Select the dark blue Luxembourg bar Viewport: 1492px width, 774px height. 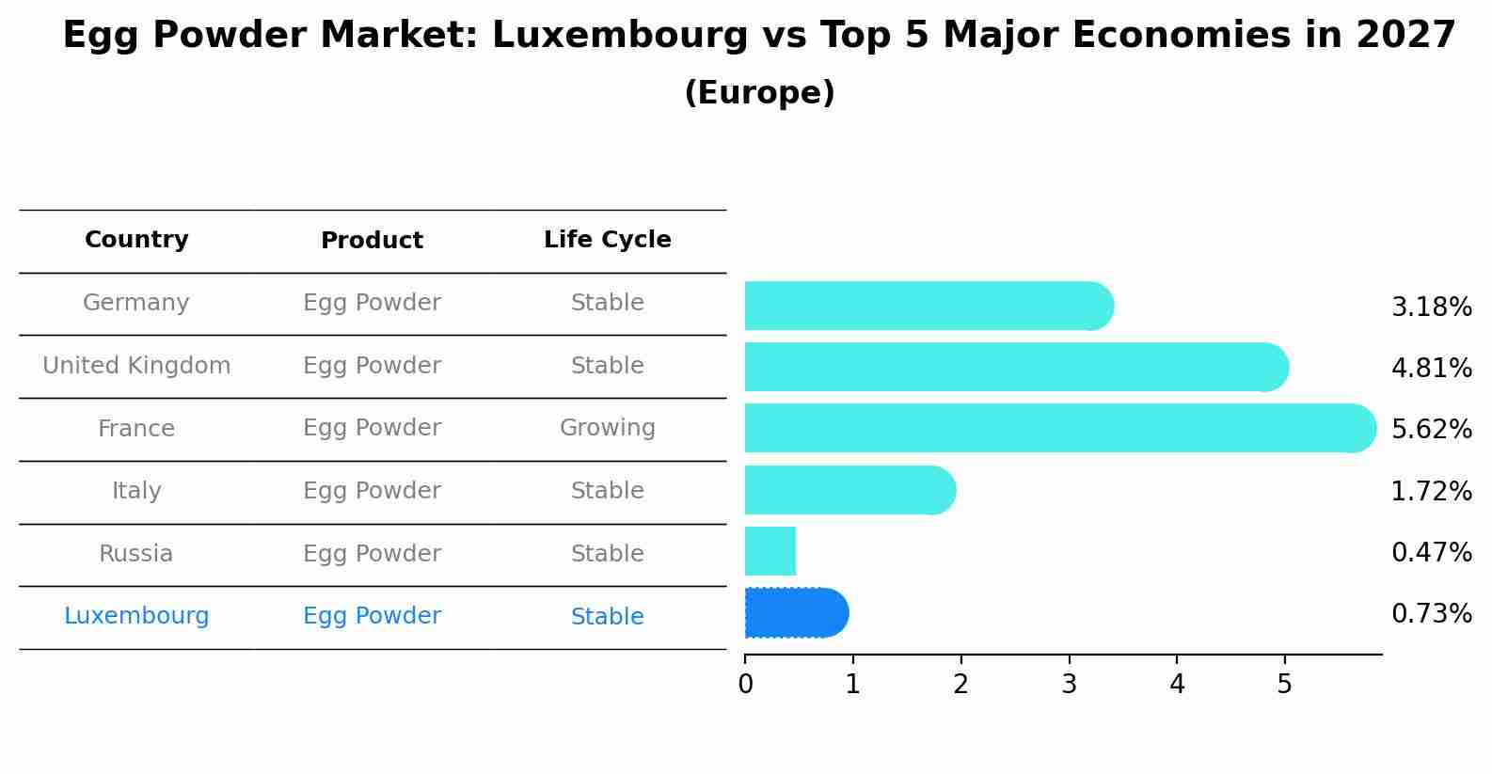point(796,613)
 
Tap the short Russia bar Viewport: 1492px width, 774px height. point(770,551)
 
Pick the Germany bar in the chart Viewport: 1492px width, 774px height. point(928,306)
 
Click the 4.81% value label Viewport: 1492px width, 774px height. point(1431,368)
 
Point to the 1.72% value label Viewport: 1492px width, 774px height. point(1431,491)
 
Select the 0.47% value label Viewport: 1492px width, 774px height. point(1431,552)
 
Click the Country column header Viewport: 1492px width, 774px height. point(136,240)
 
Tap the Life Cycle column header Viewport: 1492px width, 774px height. point(607,240)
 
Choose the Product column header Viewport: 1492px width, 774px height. point(372,241)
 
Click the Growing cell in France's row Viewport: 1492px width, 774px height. point(607,428)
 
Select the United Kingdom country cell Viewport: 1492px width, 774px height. point(136,366)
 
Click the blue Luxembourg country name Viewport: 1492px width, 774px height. point(136,616)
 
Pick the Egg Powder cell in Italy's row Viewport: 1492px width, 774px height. point(372,491)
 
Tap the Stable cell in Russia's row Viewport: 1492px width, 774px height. point(607,554)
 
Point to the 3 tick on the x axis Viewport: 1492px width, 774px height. point(1069,684)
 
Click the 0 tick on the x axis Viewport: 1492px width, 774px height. point(745,684)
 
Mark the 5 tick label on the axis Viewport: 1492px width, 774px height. point(1284,684)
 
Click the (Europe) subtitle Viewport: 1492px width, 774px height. point(759,93)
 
